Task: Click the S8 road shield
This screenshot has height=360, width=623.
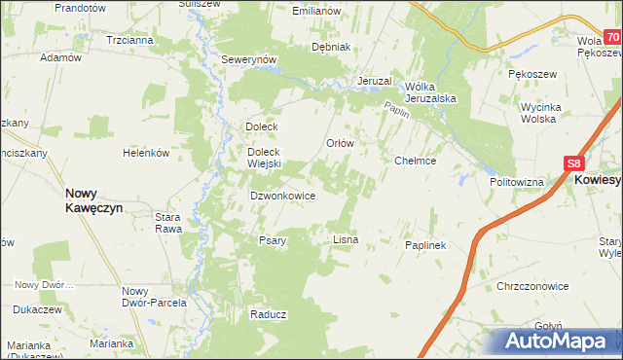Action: tap(575, 165)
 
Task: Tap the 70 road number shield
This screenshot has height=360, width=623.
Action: tap(612, 37)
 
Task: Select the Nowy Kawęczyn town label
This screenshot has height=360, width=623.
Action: tap(92, 199)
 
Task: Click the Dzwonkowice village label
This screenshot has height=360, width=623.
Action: tap(282, 195)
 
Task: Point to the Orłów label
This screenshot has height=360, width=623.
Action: tap(339, 142)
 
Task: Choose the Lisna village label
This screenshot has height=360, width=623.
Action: tap(347, 238)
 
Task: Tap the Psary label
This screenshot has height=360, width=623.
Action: tap(272, 240)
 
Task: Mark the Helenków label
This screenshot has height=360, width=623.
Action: tap(146, 153)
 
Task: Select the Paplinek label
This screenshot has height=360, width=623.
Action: tap(424, 245)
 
